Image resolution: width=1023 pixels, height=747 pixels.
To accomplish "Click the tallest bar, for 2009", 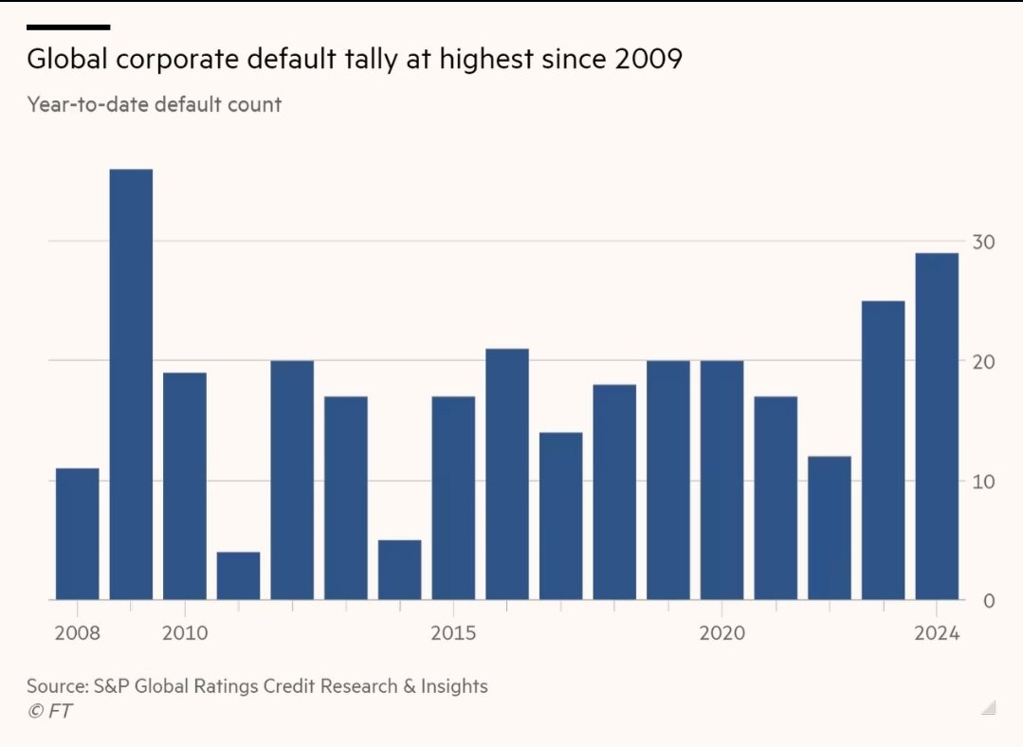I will [x=131, y=384].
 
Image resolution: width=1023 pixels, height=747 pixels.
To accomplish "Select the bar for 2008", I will [x=77, y=534].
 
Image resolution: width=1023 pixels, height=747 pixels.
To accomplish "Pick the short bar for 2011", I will [x=238, y=575].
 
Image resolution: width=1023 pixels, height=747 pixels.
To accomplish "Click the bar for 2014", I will [x=399, y=570].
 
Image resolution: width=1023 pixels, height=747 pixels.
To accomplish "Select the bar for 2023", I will [x=883, y=450].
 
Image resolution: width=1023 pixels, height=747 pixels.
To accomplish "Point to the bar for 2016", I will [x=507, y=474].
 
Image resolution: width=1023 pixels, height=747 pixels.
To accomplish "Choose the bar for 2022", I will [x=830, y=528].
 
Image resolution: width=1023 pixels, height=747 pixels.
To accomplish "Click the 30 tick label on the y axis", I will [x=982, y=243].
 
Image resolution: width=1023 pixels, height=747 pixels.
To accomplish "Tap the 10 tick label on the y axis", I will [x=982, y=483].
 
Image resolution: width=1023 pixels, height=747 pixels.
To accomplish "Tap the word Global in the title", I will [x=64, y=59].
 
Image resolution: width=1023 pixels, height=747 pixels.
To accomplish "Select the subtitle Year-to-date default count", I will [x=155, y=104].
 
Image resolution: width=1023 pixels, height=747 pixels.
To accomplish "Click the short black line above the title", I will [x=68, y=27].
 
